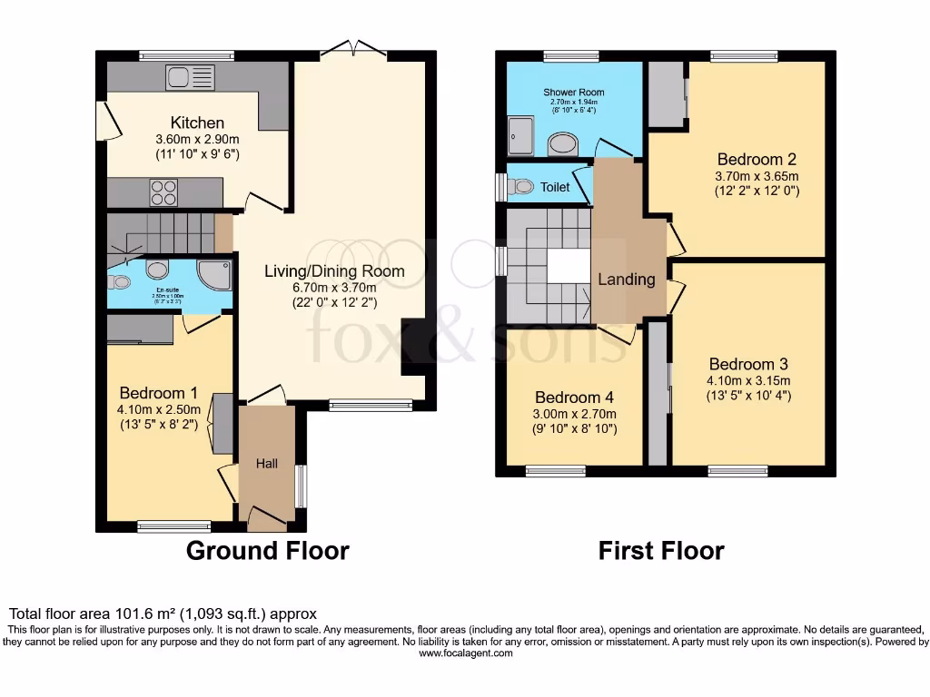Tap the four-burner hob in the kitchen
(163, 193)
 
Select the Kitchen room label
(197, 123)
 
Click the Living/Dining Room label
(334, 270)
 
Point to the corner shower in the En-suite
(215, 273)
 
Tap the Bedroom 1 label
(158, 393)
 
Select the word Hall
(267, 463)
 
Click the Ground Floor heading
(267, 550)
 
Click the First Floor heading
(661, 550)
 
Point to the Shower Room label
(574, 93)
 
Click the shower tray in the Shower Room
(521, 135)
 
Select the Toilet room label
(555, 187)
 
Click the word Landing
(627, 280)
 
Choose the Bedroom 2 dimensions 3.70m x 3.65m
(757, 176)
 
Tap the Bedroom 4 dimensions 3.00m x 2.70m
(575, 413)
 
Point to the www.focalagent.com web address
(465, 653)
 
